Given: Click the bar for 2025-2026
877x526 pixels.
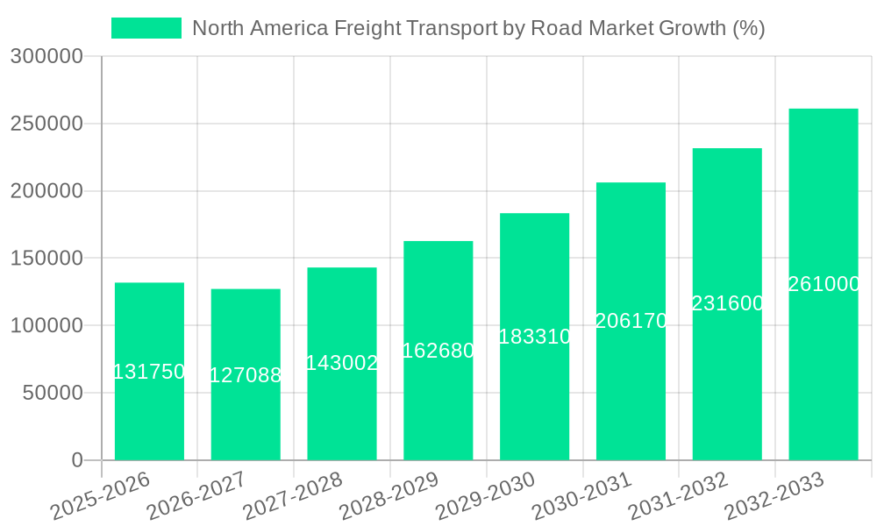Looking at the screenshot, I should pyautogui.click(x=149, y=412).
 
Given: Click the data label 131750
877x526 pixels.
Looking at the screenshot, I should pyautogui.click(x=149, y=372).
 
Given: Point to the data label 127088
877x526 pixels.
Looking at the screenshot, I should pyautogui.click(x=246, y=375).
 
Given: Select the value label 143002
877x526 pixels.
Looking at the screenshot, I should pyautogui.click(x=342, y=363).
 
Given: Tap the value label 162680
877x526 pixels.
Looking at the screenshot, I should pyautogui.click(x=438, y=351).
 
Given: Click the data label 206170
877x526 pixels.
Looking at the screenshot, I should pyautogui.click(x=631, y=321).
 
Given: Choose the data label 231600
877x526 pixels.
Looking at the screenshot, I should pyautogui.click(x=727, y=303).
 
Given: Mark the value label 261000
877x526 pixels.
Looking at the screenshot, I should pyautogui.click(x=823, y=284).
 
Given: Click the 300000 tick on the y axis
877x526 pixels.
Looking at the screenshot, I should pyautogui.click(x=46, y=57).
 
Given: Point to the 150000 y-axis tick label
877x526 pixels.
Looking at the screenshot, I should pyautogui.click(x=46, y=259).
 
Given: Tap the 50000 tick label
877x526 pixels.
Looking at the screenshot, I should pyautogui.click(x=52, y=393).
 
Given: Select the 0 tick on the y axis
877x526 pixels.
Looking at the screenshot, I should pyautogui.click(x=77, y=460).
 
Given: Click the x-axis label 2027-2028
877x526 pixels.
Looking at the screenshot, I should pyautogui.click(x=293, y=496).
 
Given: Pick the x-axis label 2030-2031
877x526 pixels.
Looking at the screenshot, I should pyautogui.click(x=582, y=496).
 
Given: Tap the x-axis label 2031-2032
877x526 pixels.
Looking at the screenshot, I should pyautogui.click(x=679, y=496).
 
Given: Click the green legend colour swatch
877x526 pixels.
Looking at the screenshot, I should pyautogui.click(x=146, y=28).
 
